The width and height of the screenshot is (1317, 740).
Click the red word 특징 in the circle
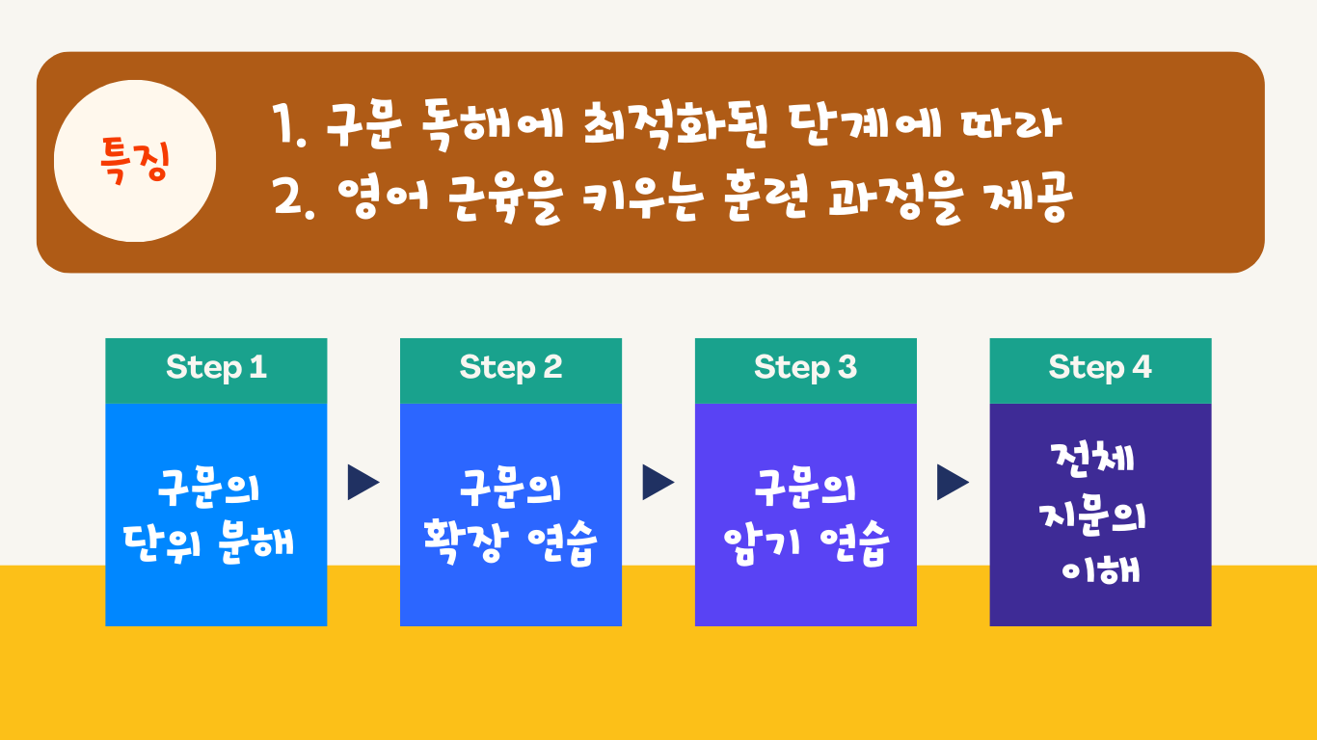[135, 161]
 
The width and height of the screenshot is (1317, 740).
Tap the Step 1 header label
[216, 368]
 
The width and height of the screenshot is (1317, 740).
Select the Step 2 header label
[511, 368]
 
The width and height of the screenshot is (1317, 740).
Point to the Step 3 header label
[805, 368]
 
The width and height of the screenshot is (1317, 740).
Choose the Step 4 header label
[1100, 368]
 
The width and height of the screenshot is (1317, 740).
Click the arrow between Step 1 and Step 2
[363, 483]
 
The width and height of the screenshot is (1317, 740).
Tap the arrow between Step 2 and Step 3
[658, 483]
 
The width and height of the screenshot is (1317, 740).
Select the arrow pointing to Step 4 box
[953, 483]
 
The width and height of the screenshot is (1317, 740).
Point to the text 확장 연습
[510, 542]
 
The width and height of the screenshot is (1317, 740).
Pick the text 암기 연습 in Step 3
[805, 542]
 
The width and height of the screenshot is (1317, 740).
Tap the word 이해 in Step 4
[1101, 569]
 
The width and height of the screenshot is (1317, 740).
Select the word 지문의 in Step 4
[1093, 517]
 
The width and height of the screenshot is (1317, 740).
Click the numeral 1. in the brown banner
[289, 125]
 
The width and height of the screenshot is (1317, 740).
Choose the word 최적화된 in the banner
[676, 125]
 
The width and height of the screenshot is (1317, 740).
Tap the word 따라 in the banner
[1012, 124]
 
